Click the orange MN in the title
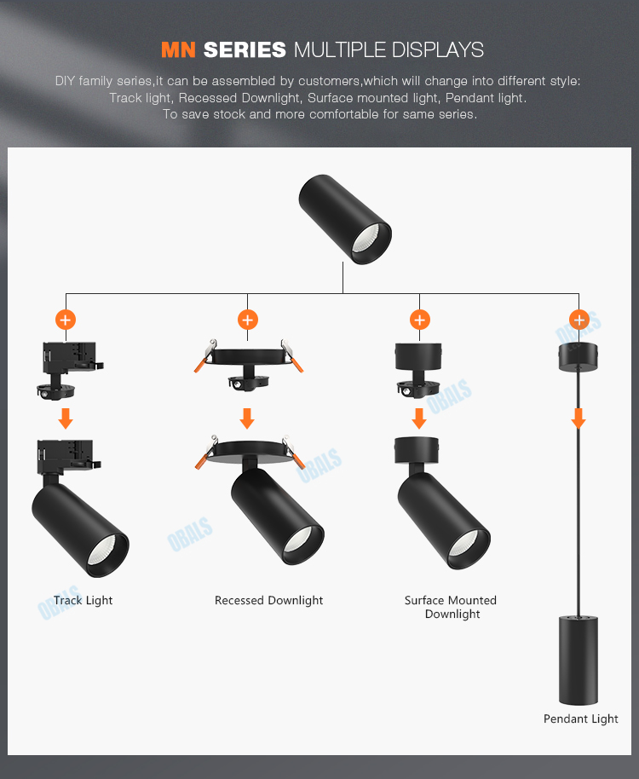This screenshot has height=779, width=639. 178,49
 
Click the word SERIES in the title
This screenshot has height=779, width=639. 244,49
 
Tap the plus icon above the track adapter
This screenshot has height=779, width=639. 66,320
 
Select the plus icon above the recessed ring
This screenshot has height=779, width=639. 247,320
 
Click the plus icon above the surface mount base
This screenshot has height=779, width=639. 419,320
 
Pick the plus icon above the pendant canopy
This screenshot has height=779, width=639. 579,320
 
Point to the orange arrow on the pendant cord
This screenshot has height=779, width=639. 579,418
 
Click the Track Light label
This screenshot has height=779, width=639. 83,601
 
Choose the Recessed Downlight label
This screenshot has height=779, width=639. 268,601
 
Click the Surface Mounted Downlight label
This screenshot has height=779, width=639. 451,607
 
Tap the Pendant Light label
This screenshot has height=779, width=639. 581,719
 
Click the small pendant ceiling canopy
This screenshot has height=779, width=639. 579,358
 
